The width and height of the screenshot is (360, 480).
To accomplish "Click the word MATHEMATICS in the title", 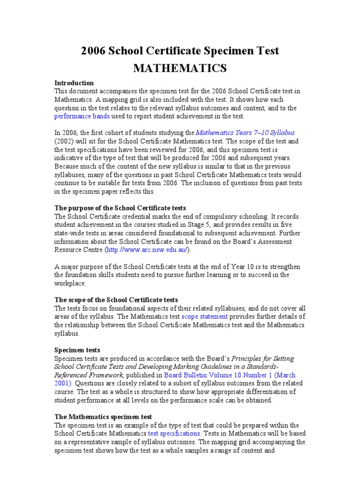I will click(180, 68).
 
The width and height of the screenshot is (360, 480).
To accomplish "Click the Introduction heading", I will click(74, 83).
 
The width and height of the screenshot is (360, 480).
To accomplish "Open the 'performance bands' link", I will click(82, 116).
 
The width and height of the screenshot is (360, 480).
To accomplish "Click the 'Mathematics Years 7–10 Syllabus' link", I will click(245, 133).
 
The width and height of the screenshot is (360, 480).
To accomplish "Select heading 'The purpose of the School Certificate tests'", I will click(120, 208).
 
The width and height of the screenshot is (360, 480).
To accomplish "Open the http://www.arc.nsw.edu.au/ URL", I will click(148, 250).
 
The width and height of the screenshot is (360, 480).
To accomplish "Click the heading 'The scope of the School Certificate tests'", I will click(116, 300).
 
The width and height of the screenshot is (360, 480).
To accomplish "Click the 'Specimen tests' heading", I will click(77, 350).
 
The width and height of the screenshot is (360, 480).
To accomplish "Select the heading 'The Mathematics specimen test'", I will click(103, 417).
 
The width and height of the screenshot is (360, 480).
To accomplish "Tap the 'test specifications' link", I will click(174, 434).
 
